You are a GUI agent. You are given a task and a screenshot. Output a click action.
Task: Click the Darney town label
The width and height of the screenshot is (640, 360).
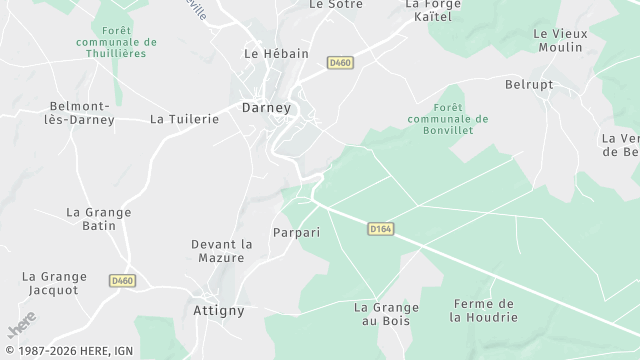coord(266,107)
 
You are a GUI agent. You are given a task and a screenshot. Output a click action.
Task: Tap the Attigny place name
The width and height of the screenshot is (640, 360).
coord(217,310)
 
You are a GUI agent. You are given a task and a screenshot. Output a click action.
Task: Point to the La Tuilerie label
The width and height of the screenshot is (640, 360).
coord(184,118)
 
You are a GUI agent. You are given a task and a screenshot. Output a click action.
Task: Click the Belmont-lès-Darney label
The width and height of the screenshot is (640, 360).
coord(82,112)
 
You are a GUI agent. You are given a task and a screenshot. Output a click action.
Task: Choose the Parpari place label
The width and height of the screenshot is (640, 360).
coord(296,232)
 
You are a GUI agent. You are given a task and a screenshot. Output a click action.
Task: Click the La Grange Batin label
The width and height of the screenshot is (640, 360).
coord(91,219)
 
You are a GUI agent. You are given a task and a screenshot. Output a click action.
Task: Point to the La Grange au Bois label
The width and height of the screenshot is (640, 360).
coord(386,314)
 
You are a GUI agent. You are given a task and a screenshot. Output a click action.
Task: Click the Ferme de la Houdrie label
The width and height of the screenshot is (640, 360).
coord(484,310)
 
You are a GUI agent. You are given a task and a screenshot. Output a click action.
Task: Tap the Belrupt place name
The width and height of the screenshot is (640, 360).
coord(529,84)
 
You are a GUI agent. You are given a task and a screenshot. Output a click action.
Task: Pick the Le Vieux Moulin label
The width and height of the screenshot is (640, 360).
coord(560,40)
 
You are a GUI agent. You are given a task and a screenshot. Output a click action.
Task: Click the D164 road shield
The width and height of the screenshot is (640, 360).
coord(380,229)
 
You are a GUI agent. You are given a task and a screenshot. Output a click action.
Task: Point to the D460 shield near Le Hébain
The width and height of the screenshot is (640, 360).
coord(341,63)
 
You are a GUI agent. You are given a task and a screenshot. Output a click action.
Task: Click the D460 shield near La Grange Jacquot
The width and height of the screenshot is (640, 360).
coord(122,281)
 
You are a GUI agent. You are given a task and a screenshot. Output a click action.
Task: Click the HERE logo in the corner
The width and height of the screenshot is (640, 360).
coord(21,326)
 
